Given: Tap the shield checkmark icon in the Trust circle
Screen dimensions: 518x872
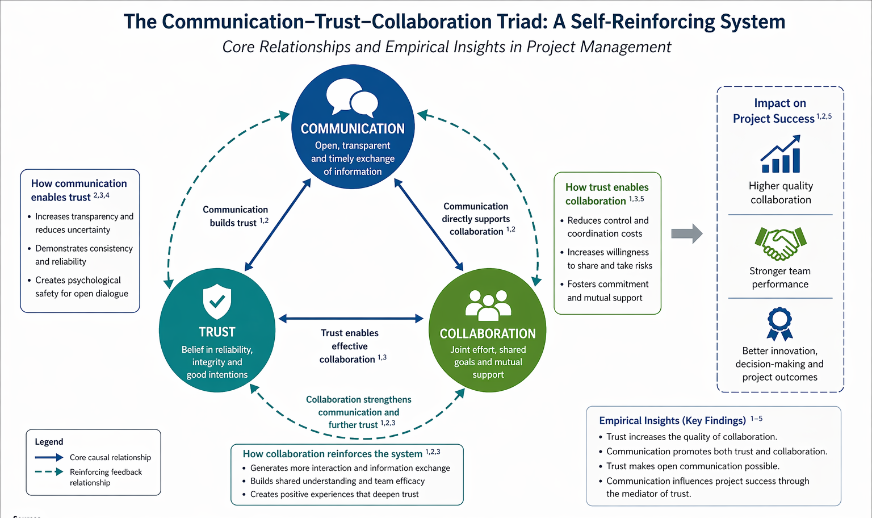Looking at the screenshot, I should point(217,302).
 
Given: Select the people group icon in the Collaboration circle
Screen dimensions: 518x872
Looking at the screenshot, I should point(488,305).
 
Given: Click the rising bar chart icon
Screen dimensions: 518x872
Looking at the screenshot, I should point(781,154).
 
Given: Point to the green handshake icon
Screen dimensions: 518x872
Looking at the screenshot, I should point(781,243).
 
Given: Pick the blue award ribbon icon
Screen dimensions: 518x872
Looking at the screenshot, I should point(779,324).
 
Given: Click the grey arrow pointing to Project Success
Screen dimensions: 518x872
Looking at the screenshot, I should point(686,233).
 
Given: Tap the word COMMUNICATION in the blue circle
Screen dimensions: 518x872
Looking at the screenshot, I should point(353,129).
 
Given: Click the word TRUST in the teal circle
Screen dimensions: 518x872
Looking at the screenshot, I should point(217,332).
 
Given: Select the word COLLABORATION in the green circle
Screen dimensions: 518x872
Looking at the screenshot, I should point(488,333).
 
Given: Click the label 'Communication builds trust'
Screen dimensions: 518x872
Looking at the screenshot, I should point(235,216).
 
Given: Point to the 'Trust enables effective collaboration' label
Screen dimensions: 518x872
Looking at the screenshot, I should point(350,346).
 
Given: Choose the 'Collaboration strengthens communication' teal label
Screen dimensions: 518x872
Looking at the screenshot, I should point(358,412).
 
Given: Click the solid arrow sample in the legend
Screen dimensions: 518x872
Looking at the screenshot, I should point(49,457).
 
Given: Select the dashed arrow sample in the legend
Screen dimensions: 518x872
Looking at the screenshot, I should point(49,471).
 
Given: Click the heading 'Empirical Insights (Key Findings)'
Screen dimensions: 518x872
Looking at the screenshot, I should point(672,420).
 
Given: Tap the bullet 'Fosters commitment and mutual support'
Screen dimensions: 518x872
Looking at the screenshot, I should point(607,291).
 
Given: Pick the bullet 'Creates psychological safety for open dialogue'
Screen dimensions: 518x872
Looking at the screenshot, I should point(81,287).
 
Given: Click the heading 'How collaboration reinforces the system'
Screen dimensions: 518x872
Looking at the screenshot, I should point(332,454).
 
